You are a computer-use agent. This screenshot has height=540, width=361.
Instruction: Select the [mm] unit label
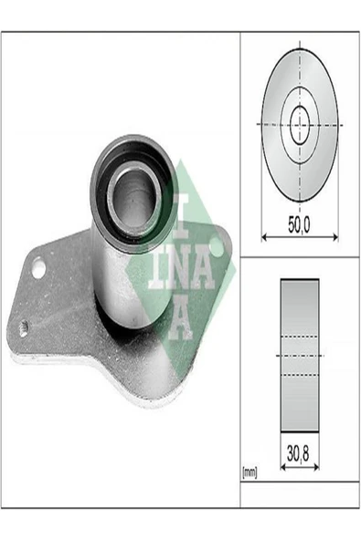250,472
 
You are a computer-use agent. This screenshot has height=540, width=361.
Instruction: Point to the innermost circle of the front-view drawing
300,124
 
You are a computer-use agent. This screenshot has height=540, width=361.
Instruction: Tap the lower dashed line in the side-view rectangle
300,374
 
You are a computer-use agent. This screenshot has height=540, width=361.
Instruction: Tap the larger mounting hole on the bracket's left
37,268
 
